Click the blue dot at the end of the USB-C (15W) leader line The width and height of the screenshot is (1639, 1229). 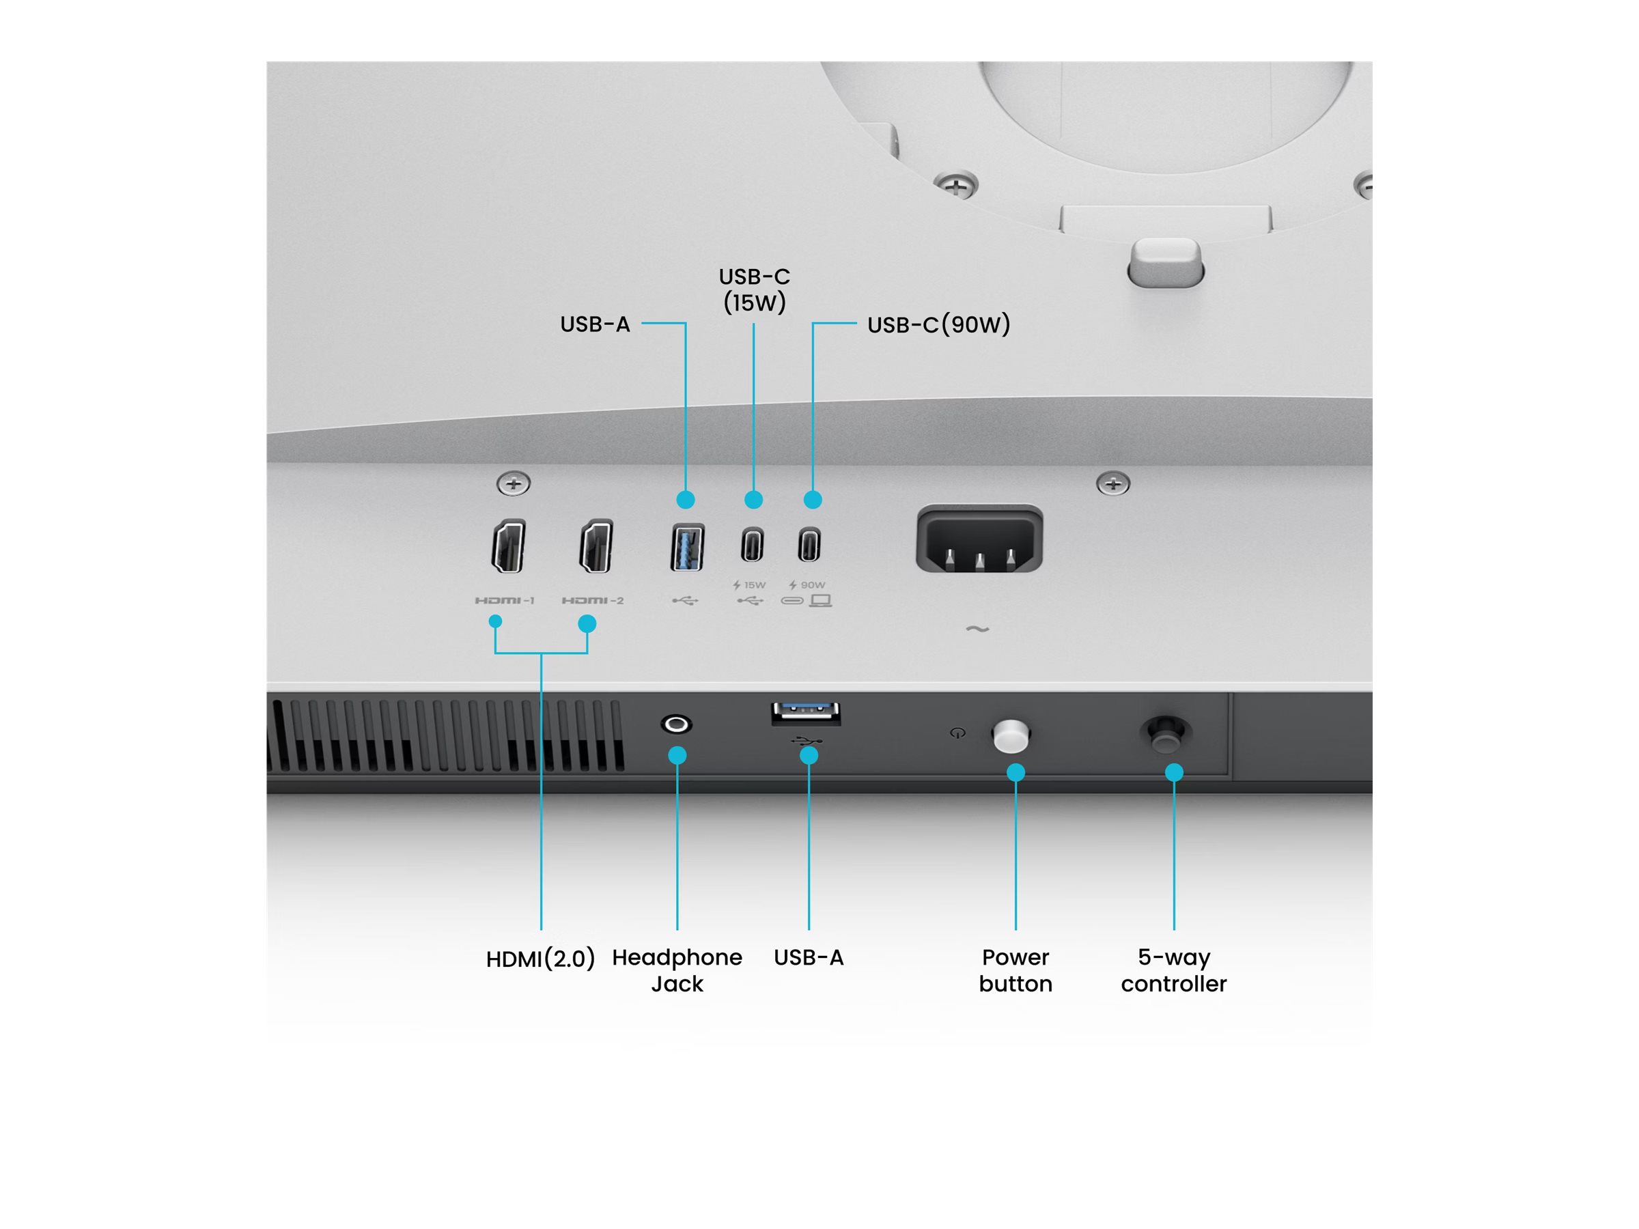tap(753, 500)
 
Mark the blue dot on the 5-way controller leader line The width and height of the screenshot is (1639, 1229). tap(1174, 773)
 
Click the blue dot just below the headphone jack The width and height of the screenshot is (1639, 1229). tap(677, 756)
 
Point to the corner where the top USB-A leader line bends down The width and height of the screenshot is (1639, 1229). tap(686, 323)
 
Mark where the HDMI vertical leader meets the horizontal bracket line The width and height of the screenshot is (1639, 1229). tap(541, 653)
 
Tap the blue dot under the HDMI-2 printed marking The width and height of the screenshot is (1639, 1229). tap(587, 624)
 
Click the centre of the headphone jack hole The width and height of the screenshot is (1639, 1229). tap(677, 724)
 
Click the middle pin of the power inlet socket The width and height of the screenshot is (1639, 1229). tap(979, 561)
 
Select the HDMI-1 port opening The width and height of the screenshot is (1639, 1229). tap(509, 546)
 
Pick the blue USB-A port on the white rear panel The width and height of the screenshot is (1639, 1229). tap(687, 548)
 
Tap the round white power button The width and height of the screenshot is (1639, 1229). tap(1011, 735)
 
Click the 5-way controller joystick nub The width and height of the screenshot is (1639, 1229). tap(1166, 733)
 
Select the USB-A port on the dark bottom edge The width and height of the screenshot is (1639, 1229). tap(805, 713)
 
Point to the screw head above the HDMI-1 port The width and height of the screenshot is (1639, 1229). tap(514, 483)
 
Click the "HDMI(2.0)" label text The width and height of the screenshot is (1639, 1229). tap(540, 959)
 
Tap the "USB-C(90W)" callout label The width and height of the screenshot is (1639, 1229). tap(939, 324)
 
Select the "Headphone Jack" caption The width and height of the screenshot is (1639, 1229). tap(677, 970)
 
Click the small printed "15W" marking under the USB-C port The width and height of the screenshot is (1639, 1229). tap(755, 585)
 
